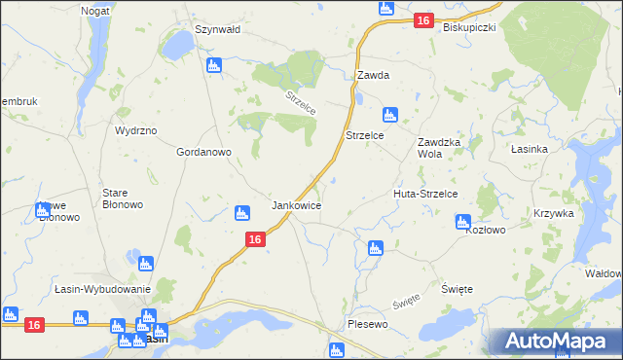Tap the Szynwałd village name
pyautogui.click(x=218, y=30)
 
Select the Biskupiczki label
pyautogui.click(x=469, y=27)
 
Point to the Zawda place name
pyautogui.click(x=373, y=75)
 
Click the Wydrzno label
pyautogui.click(x=135, y=130)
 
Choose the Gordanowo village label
pyautogui.click(x=202, y=153)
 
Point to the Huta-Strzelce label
pyautogui.click(x=425, y=195)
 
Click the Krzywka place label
pyautogui.click(x=554, y=213)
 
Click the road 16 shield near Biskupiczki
pyautogui.click(x=422, y=20)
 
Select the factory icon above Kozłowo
pyautogui.click(x=463, y=223)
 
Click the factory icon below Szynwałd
pyautogui.click(x=214, y=66)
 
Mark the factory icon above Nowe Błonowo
pyautogui.click(x=43, y=209)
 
